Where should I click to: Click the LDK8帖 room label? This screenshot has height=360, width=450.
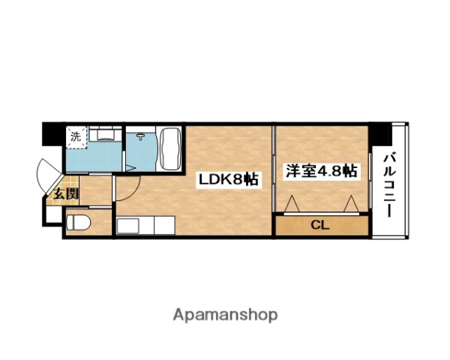228,180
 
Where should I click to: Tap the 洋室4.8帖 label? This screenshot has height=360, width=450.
319,172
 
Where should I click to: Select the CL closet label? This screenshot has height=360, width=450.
320,225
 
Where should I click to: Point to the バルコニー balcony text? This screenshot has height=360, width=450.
391,184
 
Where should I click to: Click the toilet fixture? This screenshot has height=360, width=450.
79,223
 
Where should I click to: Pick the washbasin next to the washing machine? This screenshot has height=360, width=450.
106,135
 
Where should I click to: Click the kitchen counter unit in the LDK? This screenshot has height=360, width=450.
145,225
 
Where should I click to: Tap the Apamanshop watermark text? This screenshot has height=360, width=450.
224,314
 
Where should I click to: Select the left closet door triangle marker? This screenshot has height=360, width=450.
292,203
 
